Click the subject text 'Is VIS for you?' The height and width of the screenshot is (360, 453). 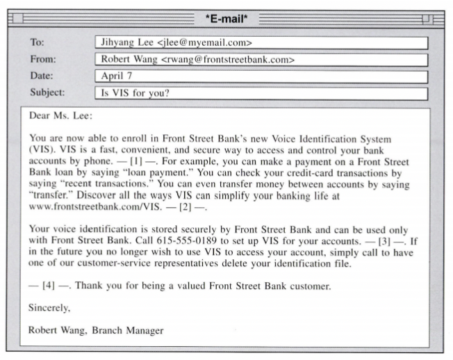(x=136, y=92)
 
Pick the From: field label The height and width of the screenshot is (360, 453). (x=43, y=59)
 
